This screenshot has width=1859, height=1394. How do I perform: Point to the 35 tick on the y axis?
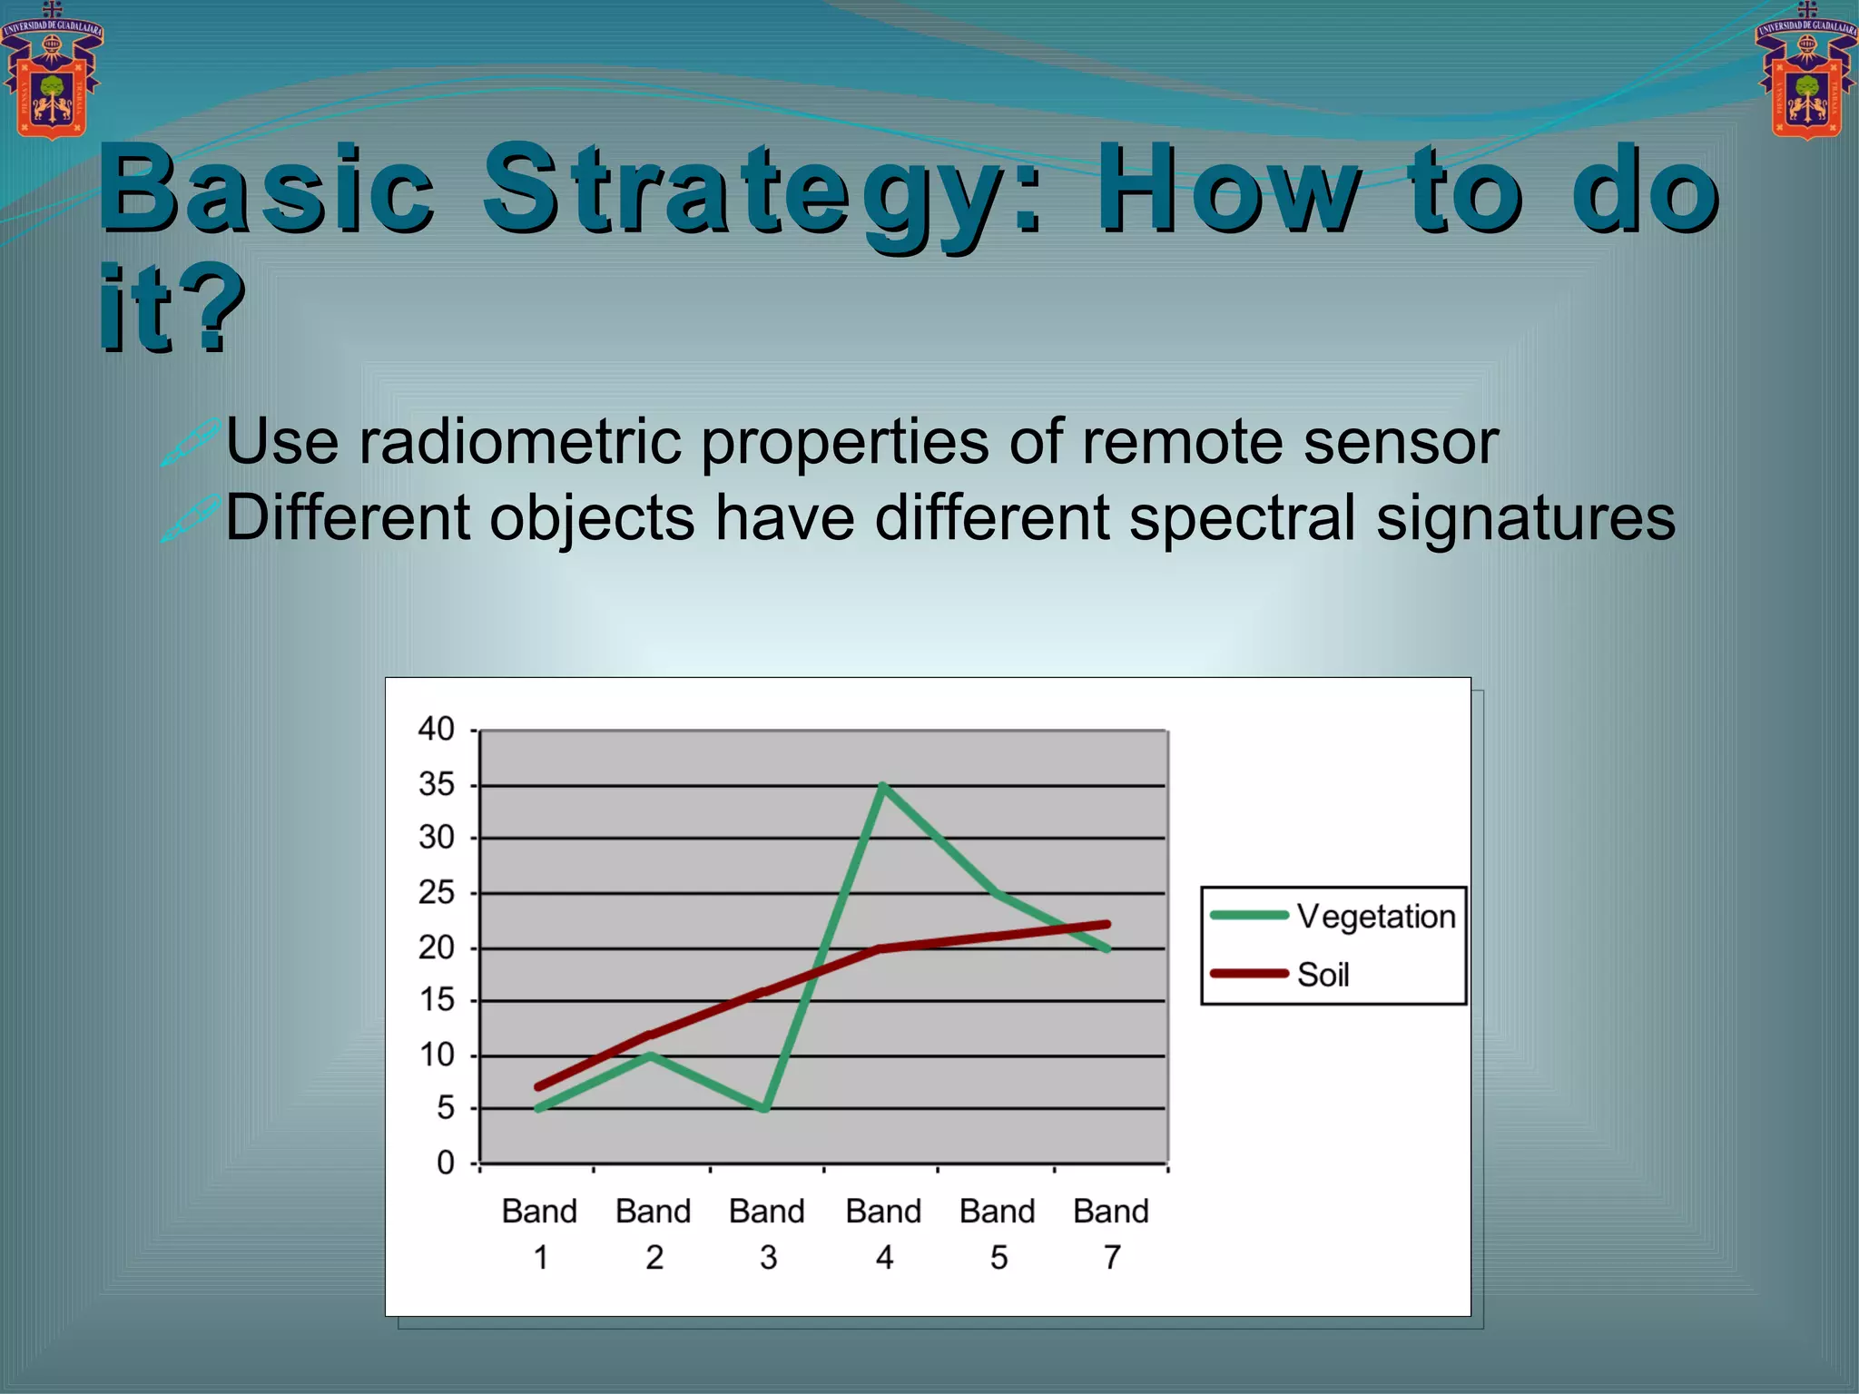click(437, 785)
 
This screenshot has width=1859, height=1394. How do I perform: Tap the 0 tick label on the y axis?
click(445, 1163)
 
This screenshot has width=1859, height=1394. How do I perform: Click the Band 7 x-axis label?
click(1111, 1233)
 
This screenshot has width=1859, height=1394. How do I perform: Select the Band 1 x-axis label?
click(539, 1233)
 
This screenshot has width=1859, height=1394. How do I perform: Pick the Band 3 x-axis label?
click(767, 1233)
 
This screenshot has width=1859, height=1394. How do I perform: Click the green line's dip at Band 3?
click(766, 1108)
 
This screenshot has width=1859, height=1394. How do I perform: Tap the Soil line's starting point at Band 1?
click(539, 1086)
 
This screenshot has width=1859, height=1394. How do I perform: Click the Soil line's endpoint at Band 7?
click(1107, 925)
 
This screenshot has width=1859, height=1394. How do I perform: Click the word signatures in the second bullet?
click(1525, 518)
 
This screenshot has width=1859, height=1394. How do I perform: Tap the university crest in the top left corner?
click(52, 73)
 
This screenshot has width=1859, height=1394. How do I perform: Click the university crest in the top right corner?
click(1806, 73)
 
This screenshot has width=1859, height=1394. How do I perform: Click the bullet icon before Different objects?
click(190, 518)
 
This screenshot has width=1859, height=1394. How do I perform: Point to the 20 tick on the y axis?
click(437, 947)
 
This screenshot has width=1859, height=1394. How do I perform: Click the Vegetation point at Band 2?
click(652, 1055)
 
